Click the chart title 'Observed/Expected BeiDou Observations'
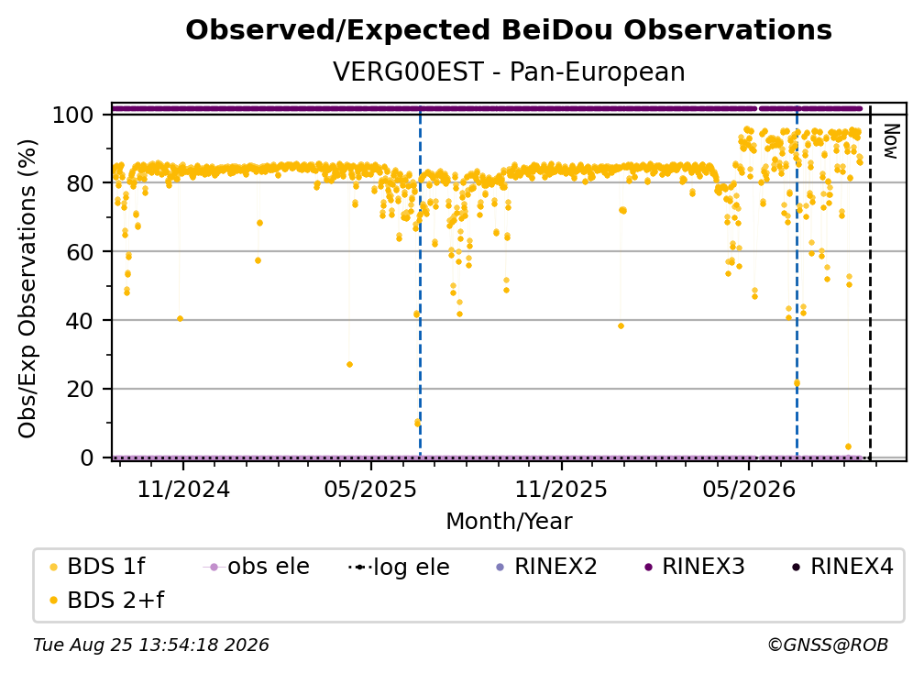(509, 30)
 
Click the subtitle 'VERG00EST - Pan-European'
(509, 72)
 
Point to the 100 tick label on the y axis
(73, 115)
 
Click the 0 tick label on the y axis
(87, 458)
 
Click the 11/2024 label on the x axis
(183, 489)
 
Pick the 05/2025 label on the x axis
(370, 489)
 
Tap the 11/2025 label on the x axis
(561, 489)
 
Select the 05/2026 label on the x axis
(749, 489)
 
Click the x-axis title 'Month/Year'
(509, 522)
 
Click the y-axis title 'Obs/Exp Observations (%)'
(27, 289)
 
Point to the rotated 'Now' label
(890, 141)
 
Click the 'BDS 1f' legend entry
(98, 567)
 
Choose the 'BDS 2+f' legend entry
(107, 601)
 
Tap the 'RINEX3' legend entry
(695, 567)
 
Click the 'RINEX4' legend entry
(842, 567)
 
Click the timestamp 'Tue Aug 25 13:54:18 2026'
(151, 645)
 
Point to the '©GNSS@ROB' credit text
(828, 645)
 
